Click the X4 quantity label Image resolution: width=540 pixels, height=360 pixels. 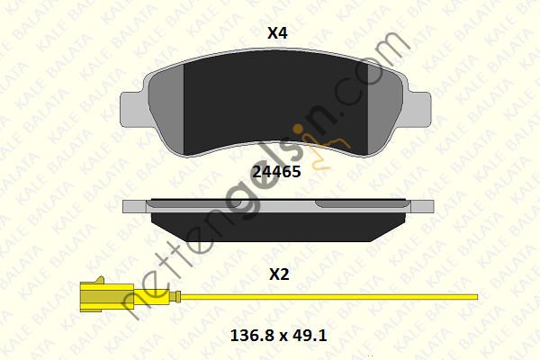pos(277,33)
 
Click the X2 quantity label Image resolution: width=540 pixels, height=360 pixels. pos(279,274)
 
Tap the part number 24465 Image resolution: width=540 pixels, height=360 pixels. pos(276,172)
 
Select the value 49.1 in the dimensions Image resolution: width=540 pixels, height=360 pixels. pos(309,335)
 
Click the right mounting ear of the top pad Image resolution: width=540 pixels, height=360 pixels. pos(419,109)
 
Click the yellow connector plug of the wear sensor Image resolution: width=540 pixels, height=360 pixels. pos(107,297)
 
